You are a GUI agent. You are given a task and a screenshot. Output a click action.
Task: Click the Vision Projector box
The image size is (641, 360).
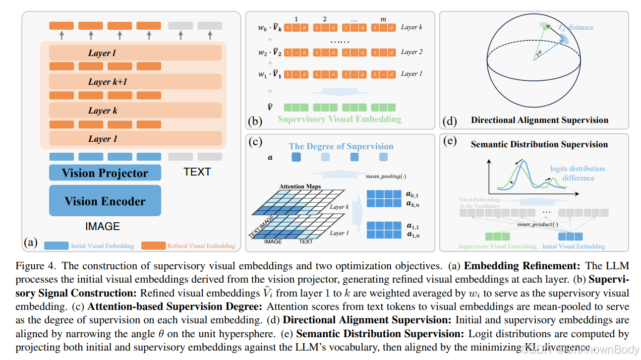click(105, 173)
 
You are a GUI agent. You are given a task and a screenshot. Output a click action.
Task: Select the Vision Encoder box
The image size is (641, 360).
click(105, 201)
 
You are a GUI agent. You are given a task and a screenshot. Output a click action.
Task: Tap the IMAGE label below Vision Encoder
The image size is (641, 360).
click(103, 226)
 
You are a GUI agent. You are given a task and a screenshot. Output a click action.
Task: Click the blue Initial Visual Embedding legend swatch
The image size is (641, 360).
click(57, 245)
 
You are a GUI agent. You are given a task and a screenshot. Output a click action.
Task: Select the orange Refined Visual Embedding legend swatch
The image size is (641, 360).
click(153, 245)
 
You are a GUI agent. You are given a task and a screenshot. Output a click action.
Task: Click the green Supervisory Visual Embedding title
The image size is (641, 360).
click(339, 119)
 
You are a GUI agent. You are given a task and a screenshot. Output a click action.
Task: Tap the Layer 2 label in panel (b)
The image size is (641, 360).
click(411, 52)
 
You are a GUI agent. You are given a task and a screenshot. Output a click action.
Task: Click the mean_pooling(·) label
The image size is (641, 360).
click(385, 176)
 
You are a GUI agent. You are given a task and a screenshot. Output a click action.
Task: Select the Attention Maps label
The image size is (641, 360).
click(300, 186)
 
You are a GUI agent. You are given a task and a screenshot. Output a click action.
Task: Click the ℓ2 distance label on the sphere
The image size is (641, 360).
click(575, 27)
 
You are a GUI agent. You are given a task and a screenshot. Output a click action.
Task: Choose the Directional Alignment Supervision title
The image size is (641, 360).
click(539, 120)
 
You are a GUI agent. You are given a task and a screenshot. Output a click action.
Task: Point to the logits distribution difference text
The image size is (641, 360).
click(577, 173)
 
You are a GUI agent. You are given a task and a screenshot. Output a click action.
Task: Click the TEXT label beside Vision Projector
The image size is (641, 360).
click(197, 172)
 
